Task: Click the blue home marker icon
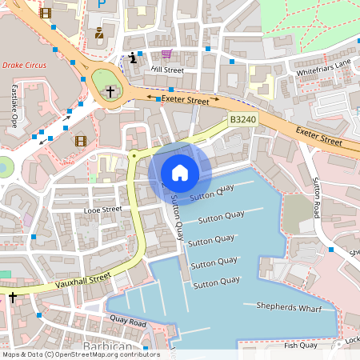(x=180, y=173)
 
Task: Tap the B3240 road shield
(x=242, y=120)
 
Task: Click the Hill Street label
(x=167, y=70)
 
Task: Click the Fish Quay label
(x=300, y=345)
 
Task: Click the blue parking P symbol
(x=101, y=4)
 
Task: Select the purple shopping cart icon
(x=166, y=54)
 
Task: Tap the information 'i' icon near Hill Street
(x=132, y=58)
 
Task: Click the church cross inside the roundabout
(x=111, y=92)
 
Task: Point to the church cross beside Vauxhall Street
(x=12, y=298)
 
